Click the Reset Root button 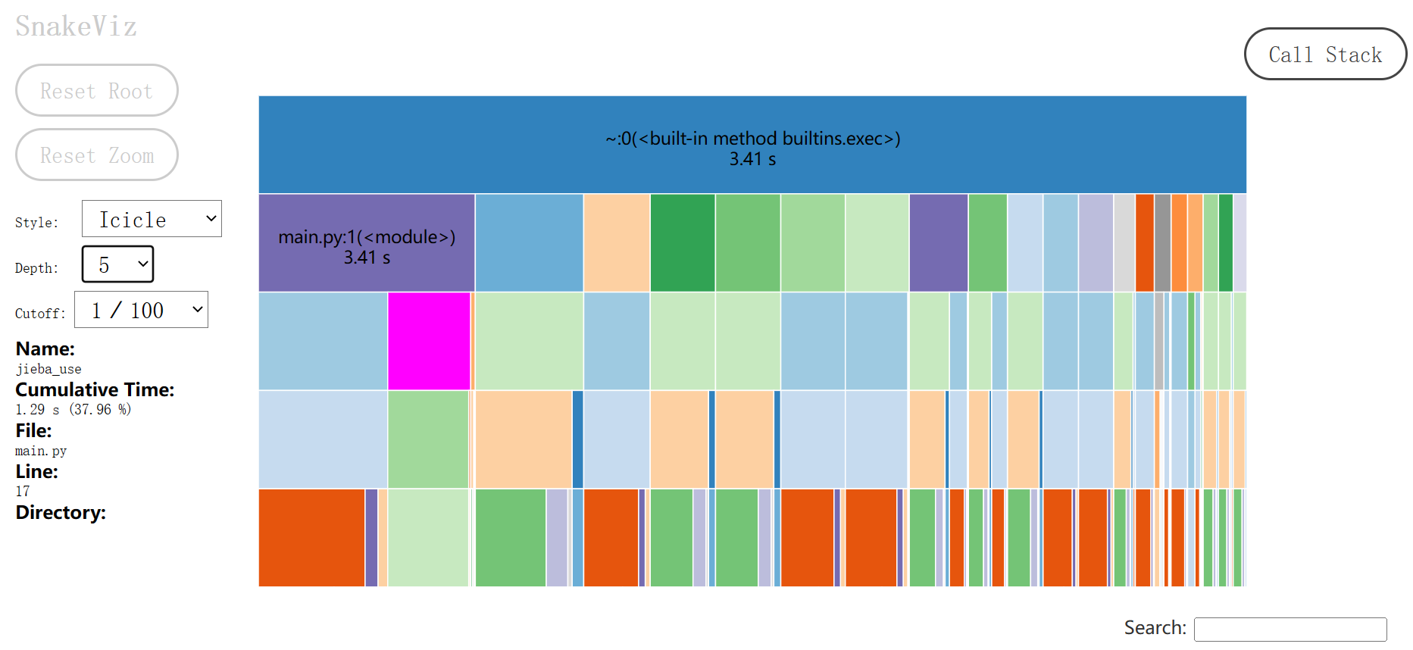96,91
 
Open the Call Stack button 1325,55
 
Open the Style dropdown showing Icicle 152,219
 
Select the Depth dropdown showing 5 117,264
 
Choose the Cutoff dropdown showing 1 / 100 141,310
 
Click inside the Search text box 1290,629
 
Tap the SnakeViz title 76,27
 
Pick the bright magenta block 429,341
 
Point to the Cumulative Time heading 95,389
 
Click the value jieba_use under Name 48,369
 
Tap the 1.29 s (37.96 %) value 73,409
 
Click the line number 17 23,491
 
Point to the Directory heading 61,512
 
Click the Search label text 1155,628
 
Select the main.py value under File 41,451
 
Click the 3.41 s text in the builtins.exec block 752,159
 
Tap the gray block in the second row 1162,242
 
